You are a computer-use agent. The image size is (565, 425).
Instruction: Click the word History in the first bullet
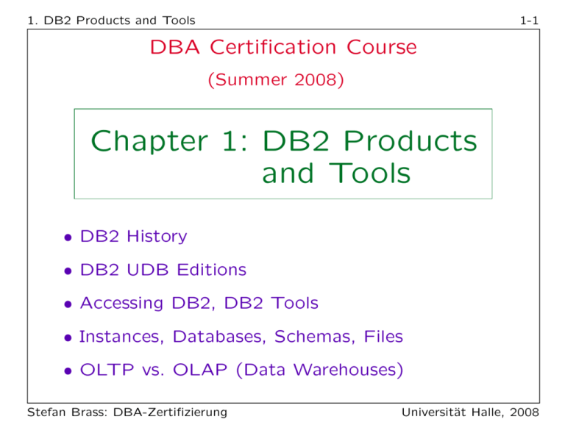point(156,237)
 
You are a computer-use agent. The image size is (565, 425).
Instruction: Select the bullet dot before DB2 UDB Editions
point(67,271)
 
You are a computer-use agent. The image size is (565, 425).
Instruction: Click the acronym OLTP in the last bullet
point(107,371)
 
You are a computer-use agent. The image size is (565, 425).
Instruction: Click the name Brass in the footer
point(85,410)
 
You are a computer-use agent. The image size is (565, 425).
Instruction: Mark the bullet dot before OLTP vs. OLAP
point(67,371)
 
